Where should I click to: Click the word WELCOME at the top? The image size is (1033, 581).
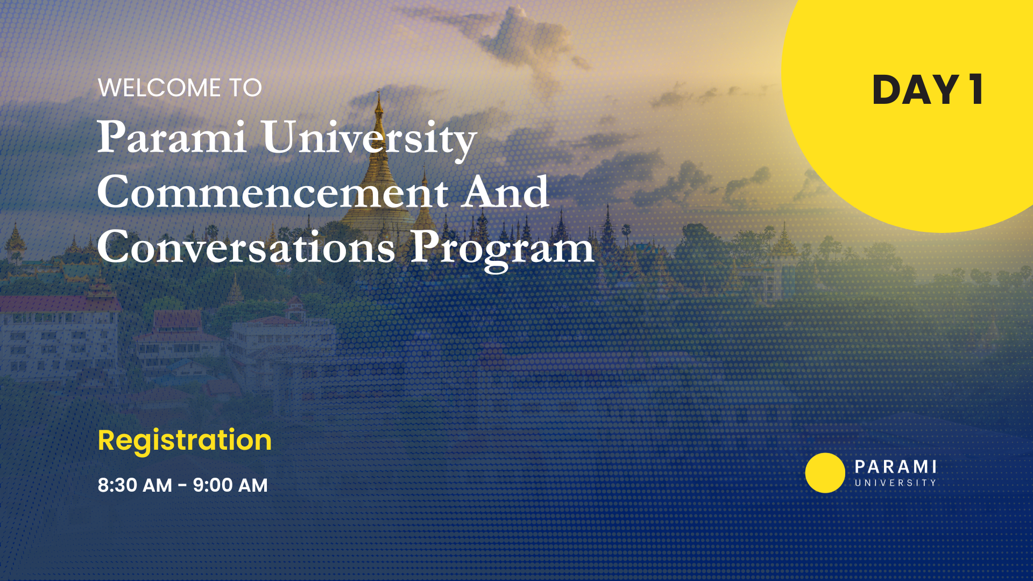pyautogui.click(x=159, y=88)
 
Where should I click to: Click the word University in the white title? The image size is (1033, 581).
pyautogui.click(x=370, y=140)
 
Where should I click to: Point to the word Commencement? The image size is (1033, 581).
pyautogui.click(x=272, y=192)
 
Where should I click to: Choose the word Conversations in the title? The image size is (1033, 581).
pyautogui.click(x=246, y=247)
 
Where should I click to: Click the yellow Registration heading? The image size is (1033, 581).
pyautogui.click(x=185, y=441)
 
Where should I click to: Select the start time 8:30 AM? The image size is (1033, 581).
pyautogui.click(x=135, y=485)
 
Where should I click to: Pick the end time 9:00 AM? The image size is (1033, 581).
pyautogui.click(x=230, y=485)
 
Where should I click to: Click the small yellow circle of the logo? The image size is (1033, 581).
pyautogui.click(x=825, y=473)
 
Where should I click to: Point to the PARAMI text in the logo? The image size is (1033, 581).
pyautogui.click(x=896, y=466)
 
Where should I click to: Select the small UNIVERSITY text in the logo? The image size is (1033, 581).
pyautogui.click(x=896, y=483)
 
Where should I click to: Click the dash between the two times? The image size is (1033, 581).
pyautogui.click(x=182, y=486)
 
